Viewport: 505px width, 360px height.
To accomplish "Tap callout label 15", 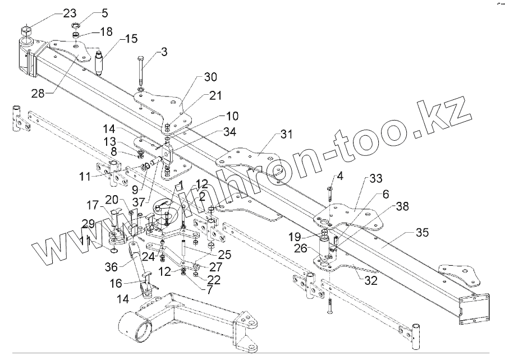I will pos(131,39).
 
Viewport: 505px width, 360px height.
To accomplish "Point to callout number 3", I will pos(163,52).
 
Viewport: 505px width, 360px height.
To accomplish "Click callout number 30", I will pos(194,76).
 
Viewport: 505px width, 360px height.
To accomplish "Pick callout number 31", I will pos(287,135).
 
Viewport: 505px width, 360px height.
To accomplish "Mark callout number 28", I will pos(38,93).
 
